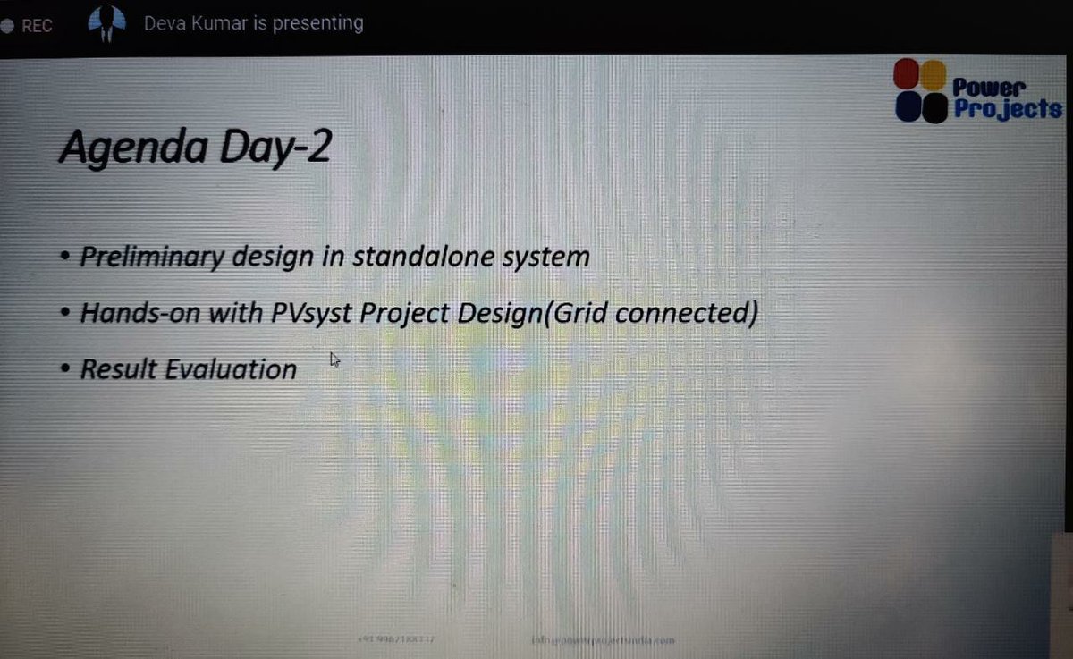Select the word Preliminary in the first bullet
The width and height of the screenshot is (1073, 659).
tap(151, 258)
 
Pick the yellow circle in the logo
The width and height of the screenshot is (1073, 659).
tap(933, 73)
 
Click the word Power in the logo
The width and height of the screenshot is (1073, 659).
tap(989, 87)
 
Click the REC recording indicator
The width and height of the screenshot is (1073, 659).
tap(30, 26)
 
